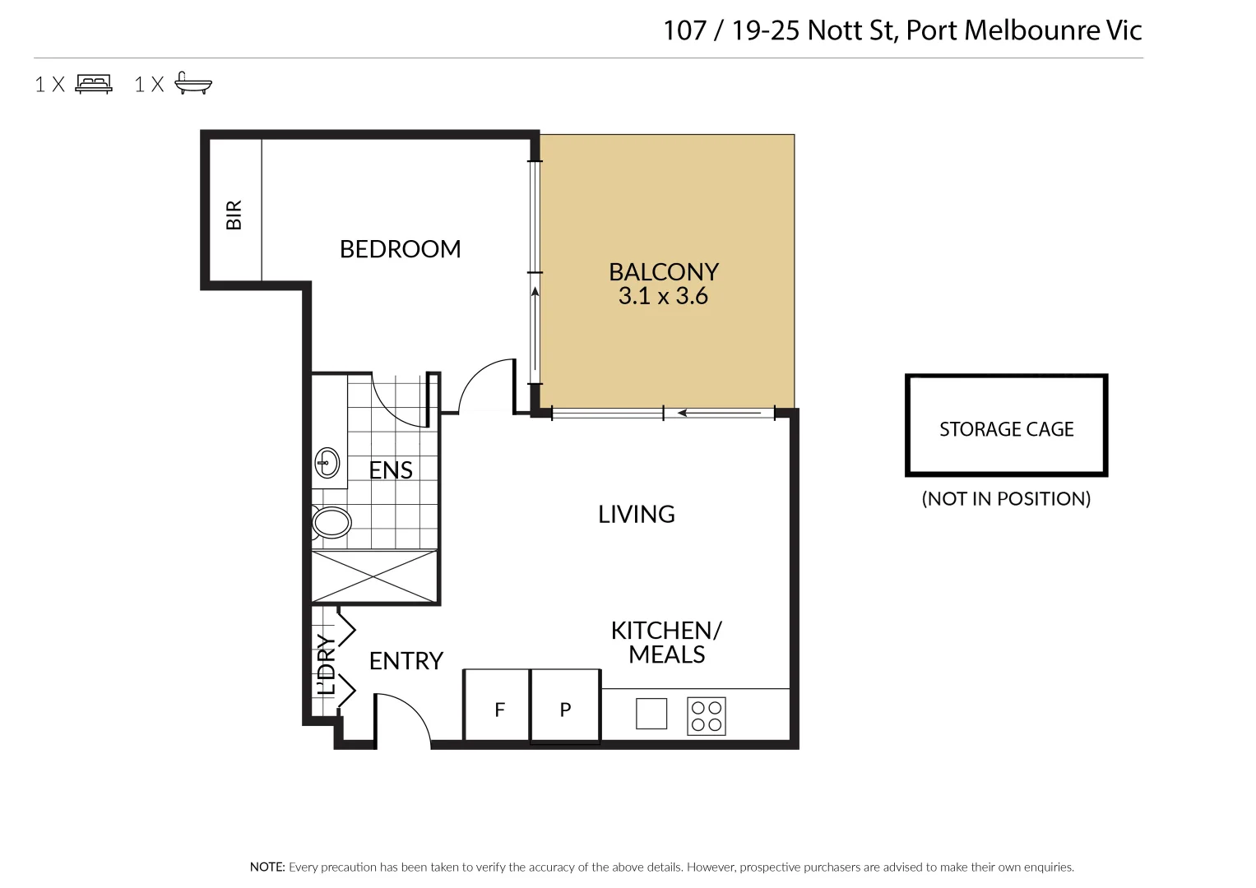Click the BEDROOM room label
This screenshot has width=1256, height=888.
coord(400,249)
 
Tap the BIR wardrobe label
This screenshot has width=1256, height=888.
coord(234,215)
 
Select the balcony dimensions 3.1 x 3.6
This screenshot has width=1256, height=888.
coord(663,296)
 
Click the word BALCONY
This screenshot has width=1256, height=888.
coord(663,271)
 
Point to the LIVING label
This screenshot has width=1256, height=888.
coord(636,515)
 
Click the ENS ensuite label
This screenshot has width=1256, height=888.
coord(391,470)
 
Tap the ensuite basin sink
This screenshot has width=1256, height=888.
coord(327,464)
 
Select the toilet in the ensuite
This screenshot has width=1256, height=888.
coord(331,522)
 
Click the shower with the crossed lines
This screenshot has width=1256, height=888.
coord(374,576)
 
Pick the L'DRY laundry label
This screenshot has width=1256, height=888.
coord(327,664)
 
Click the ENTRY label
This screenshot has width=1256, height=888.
coord(406,661)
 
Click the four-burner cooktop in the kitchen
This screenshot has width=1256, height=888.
coord(707,715)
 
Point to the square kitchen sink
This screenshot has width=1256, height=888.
coord(651,714)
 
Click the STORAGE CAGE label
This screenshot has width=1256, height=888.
coord(1006,429)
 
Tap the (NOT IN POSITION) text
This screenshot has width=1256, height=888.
coord(1006,499)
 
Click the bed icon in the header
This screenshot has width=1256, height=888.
coord(94,83)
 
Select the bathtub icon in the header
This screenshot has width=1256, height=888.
coord(193,83)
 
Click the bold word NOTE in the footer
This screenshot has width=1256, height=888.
coord(267,867)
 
